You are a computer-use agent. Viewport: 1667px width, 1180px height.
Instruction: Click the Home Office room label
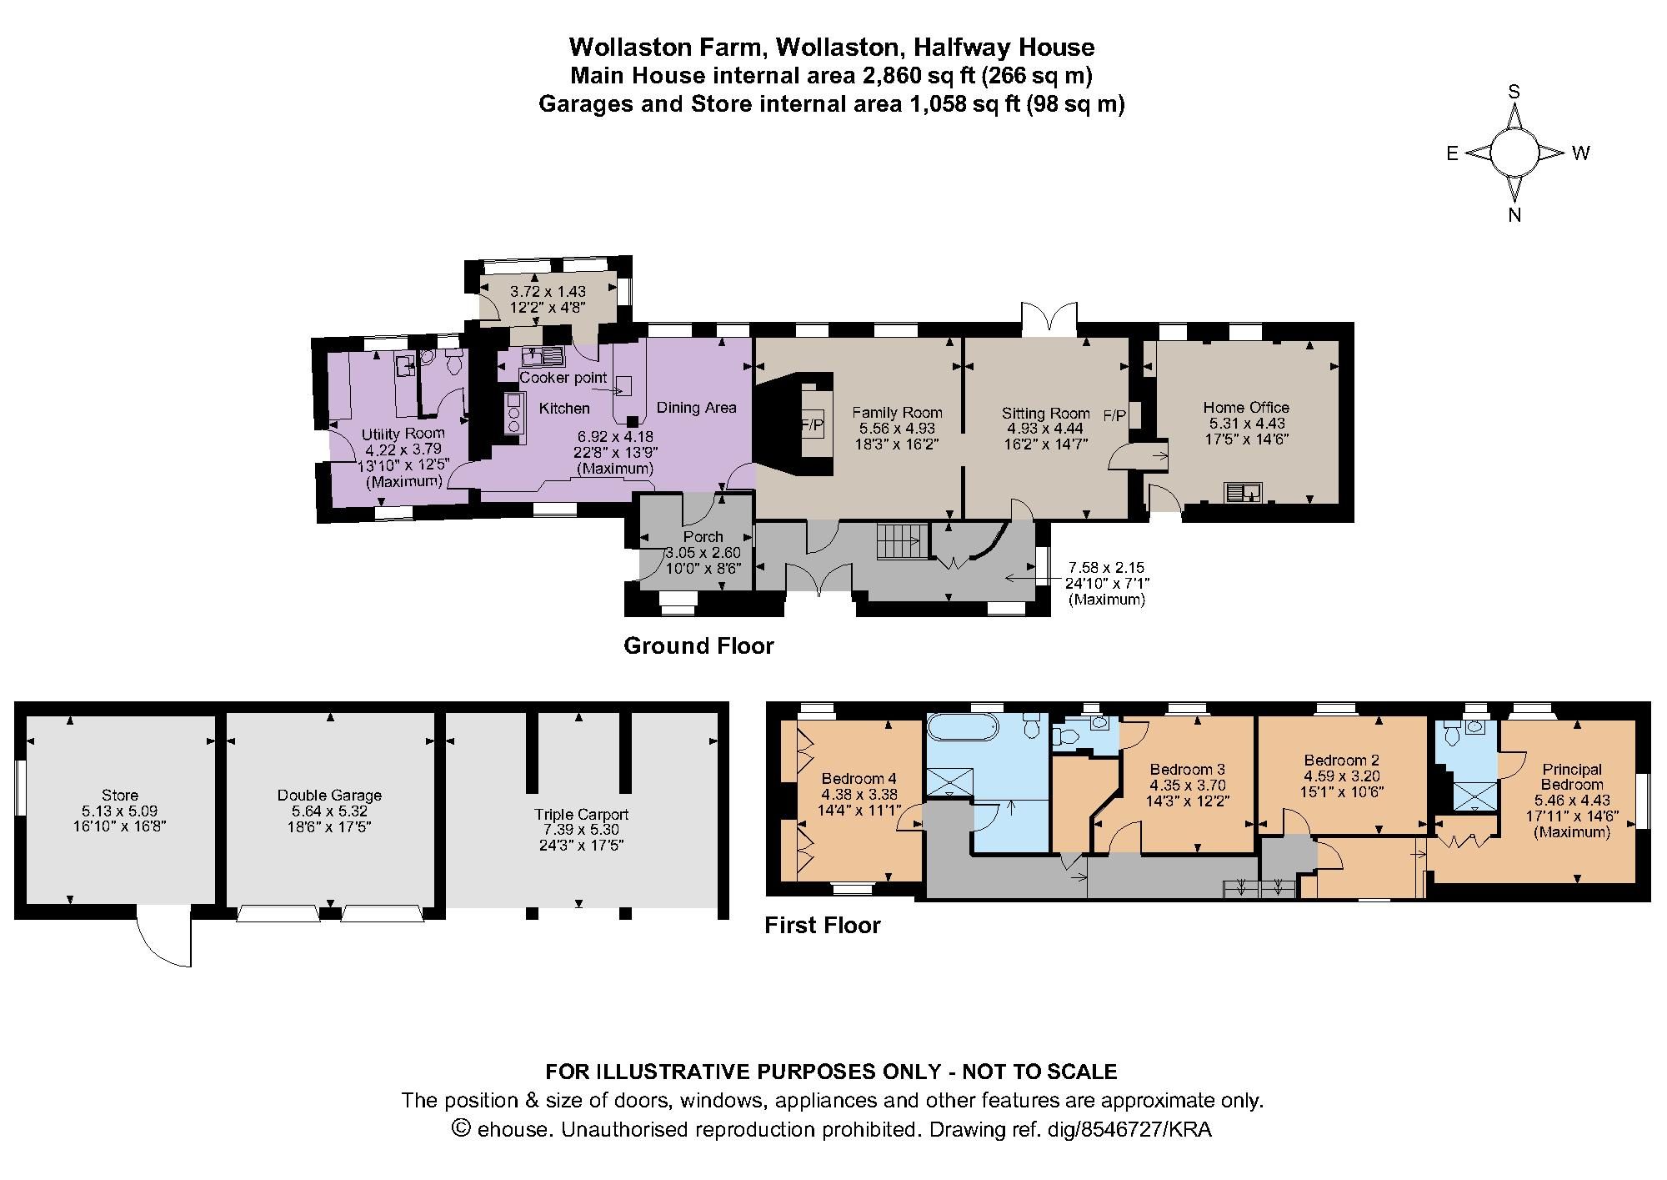pos(1246,407)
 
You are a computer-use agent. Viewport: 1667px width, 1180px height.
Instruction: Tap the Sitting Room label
pos(1045,413)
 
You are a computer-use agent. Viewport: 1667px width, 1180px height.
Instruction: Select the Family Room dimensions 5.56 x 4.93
pos(897,428)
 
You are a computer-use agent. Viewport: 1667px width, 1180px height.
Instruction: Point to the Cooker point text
pos(563,378)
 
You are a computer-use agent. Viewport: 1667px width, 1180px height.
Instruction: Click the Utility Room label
pos(403,434)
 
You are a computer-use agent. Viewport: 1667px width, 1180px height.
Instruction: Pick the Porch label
pos(703,536)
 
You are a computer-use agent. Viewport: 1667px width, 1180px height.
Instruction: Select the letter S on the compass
pos(1514,93)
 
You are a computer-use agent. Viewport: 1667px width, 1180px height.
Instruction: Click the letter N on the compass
pos(1514,215)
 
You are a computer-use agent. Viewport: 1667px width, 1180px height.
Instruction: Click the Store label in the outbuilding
pos(120,795)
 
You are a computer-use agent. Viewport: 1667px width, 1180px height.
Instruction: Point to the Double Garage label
pos(329,795)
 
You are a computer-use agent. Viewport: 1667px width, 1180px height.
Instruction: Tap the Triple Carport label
pos(581,814)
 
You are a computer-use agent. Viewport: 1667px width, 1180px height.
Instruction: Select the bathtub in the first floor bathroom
pos(962,727)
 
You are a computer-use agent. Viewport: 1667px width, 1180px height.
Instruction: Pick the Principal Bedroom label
pos(1571,776)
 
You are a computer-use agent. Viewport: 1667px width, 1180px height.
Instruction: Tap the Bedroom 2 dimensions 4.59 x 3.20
pos(1342,776)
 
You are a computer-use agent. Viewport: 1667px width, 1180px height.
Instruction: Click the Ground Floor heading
pos(698,645)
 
